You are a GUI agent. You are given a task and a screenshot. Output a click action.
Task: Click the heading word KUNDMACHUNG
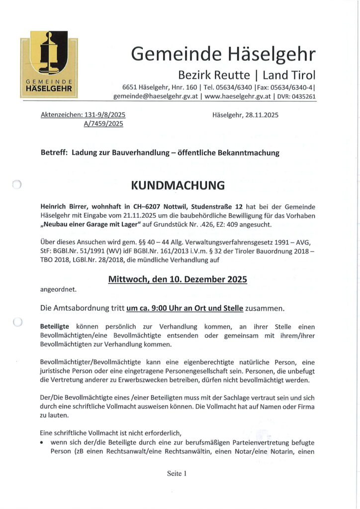click(178, 186)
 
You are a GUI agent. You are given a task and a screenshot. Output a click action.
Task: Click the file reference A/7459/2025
click(104, 124)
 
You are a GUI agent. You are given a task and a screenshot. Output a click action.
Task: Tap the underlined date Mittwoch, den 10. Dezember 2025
click(178, 279)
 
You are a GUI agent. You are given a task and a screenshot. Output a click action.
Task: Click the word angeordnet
click(58, 289)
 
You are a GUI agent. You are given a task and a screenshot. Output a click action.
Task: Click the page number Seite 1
click(177, 474)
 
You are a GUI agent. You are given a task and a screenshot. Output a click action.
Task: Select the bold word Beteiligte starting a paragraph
click(56, 327)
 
